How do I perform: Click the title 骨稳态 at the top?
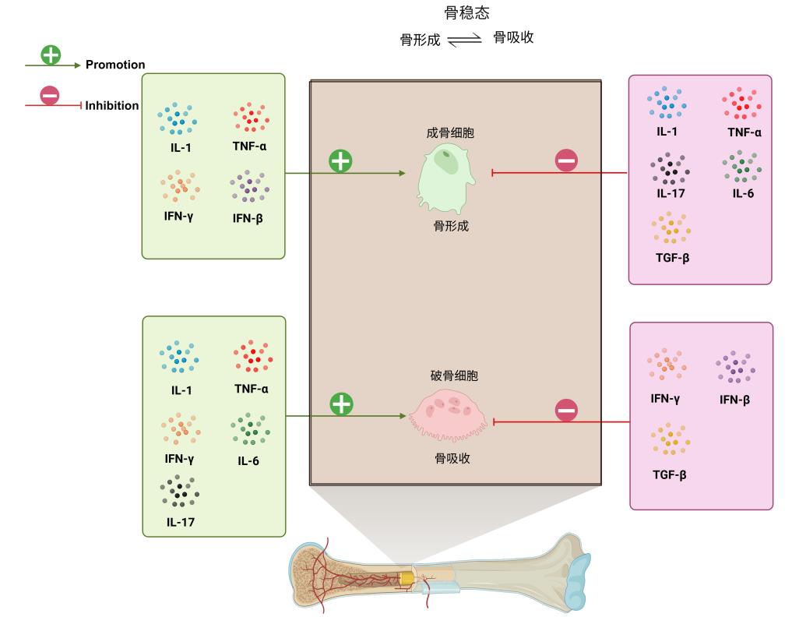coord(466,13)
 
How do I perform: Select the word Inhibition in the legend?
coord(112,106)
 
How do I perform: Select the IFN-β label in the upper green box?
coord(248,218)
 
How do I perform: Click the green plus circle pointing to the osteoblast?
coord(340,161)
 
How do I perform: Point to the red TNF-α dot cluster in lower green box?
coord(252,355)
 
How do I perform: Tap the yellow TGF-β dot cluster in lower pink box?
coord(671,440)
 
